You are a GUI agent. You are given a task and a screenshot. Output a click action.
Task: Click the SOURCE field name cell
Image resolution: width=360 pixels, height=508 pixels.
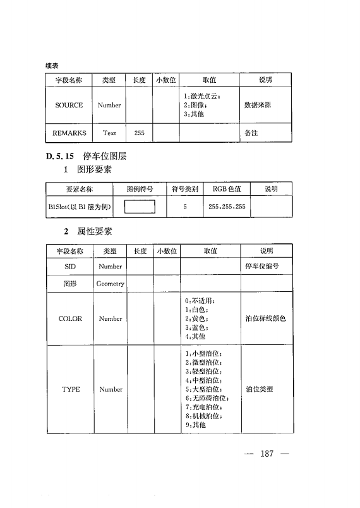point(69,106)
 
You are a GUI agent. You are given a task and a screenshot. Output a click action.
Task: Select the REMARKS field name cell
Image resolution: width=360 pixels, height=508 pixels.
point(69,133)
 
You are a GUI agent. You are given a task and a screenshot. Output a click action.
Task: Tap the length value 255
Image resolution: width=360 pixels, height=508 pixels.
point(139,133)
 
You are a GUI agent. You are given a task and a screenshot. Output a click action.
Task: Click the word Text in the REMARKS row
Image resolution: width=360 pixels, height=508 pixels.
point(109,133)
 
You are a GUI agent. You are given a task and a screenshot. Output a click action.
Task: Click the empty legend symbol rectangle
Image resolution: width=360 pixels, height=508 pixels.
point(140,207)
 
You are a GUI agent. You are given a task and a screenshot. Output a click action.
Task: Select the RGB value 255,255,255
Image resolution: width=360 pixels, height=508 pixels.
point(227,207)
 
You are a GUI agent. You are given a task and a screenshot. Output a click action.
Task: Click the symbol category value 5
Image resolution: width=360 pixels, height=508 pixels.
point(185,207)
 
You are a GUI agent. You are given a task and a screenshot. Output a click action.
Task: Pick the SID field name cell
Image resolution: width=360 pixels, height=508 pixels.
point(70,267)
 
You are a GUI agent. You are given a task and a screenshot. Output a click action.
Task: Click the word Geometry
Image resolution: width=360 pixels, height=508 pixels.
point(110,284)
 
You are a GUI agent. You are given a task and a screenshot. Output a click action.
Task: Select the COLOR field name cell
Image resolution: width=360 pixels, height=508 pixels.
point(70,318)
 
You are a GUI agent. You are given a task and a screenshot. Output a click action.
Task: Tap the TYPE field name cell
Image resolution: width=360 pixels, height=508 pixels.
point(71,389)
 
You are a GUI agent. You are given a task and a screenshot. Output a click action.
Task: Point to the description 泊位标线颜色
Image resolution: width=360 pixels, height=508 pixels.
point(265,318)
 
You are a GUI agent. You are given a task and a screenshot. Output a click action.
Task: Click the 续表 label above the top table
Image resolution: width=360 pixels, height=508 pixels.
point(52,65)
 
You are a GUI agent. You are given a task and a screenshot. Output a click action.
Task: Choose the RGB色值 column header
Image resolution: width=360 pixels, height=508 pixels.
point(227,189)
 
